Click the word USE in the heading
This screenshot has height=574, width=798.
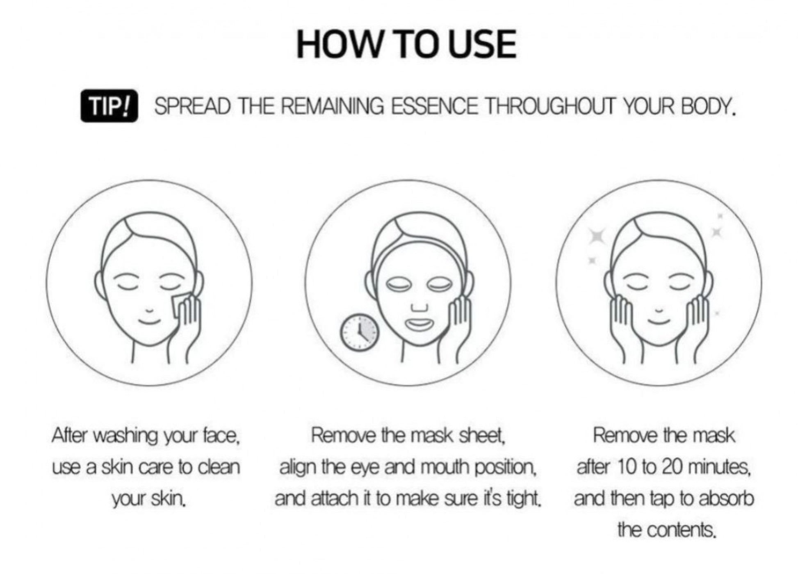(482, 44)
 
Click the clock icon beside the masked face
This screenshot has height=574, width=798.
(360, 332)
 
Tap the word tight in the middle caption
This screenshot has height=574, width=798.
(524, 499)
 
